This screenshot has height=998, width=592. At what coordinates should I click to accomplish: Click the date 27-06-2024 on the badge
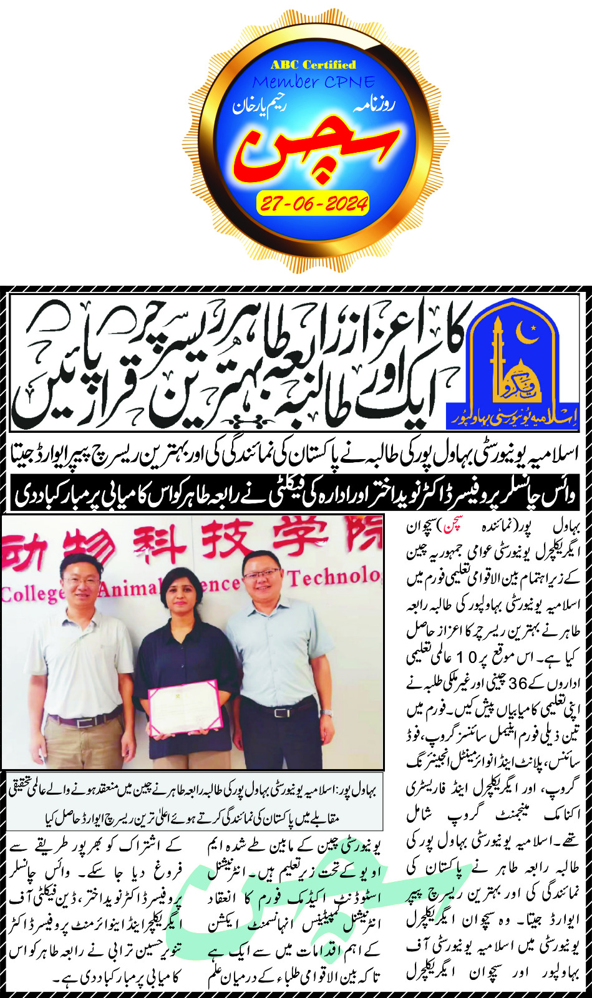coord(312,203)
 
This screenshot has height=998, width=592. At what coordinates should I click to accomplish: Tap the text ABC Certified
coord(313,65)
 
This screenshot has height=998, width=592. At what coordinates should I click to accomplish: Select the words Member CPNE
coord(314,82)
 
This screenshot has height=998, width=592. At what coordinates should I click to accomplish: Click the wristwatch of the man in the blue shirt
coord(327,712)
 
